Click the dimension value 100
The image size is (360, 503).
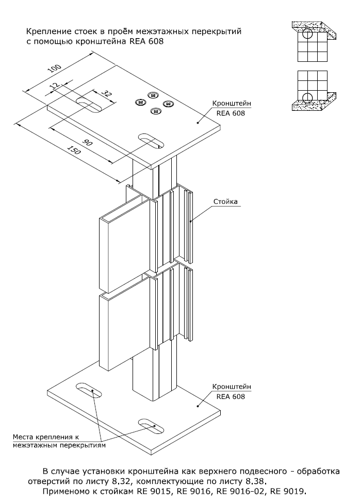pyautogui.click(x=55, y=70)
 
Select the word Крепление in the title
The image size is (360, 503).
pyautogui.click(x=46, y=32)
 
